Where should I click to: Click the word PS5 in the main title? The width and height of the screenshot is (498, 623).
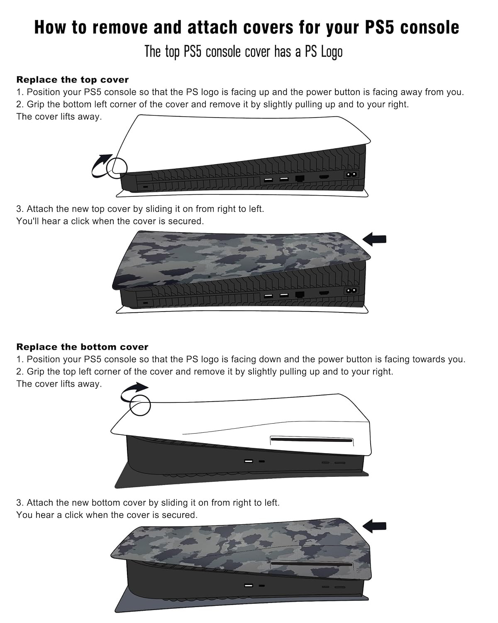[379, 27]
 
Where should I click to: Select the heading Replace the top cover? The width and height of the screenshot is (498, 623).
[72, 80]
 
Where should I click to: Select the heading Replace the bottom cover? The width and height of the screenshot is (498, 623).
[82, 347]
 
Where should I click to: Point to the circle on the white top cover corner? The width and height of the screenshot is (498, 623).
[117, 168]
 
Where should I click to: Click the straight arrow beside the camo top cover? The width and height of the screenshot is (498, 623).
[374, 239]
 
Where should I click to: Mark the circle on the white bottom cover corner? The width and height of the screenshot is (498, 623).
[140, 405]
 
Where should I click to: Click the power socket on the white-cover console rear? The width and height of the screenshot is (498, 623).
[351, 174]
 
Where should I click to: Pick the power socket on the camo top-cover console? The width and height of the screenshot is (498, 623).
[351, 291]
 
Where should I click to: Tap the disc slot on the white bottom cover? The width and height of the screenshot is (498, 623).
[312, 440]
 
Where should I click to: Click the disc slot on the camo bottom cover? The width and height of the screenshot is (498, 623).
[312, 564]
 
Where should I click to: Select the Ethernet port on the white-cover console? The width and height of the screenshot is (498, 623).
[300, 178]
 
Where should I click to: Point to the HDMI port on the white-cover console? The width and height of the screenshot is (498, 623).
[324, 177]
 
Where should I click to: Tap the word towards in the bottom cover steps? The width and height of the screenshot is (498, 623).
[429, 359]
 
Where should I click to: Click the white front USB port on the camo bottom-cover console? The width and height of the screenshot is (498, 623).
[249, 585]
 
